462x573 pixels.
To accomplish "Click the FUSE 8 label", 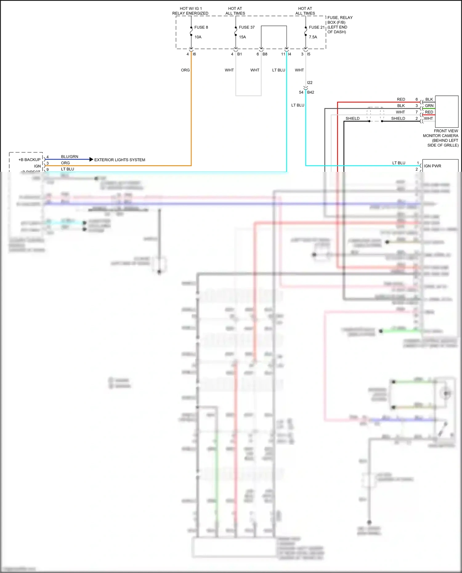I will [201, 27].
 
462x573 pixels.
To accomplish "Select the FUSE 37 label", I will [246, 27].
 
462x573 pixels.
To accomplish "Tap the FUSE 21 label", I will [317, 27].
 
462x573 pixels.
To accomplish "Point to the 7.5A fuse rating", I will [313, 37].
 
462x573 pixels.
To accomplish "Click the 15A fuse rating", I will [242, 37].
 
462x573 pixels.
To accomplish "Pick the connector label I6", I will [194, 54].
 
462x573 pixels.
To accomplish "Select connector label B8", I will [265, 54].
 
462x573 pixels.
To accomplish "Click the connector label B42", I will [310, 92].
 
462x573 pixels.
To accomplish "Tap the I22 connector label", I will [310, 83].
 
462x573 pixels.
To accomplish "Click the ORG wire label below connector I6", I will [185, 70].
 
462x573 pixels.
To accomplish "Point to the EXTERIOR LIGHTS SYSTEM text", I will [120, 160].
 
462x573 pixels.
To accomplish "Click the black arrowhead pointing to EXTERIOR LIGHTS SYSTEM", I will [91, 159].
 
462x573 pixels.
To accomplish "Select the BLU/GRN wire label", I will [70, 156].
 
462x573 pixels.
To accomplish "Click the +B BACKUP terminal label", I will [29, 159].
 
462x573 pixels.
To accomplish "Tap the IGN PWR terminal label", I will [432, 166].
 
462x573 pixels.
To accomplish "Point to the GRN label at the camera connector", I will [429, 106].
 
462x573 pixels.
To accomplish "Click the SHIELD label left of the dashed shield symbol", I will [352, 118].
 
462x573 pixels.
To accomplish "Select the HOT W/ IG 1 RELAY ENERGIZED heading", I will [190, 11].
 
